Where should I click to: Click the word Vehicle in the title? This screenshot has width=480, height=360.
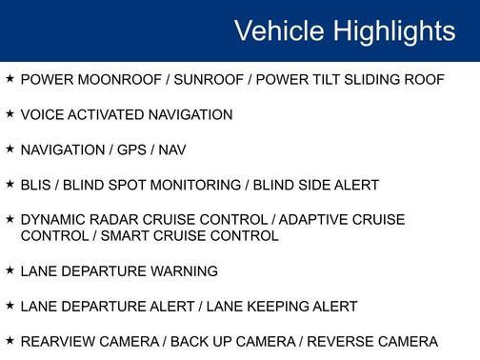pyautogui.click(x=278, y=30)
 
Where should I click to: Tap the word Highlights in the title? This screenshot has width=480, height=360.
pyautogui.click(x=391, y=30)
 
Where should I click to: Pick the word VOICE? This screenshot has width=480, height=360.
pyautogui.click(x=41, y=114)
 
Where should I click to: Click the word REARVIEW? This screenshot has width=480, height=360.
pyautogui.click(x=59, y=342)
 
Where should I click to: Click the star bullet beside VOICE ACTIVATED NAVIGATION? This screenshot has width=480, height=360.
pyautogui.click(x=10, y=113)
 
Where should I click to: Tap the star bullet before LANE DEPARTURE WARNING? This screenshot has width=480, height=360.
pyautogui.click(x=10, y=270)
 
